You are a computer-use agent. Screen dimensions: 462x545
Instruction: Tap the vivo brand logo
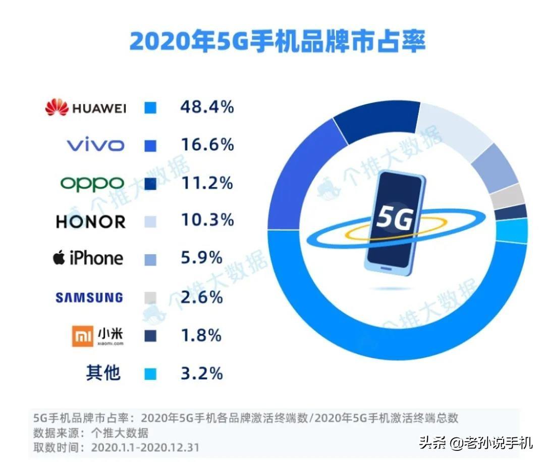(95, 145)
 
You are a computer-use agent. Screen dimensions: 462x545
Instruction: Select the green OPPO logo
(92, 183)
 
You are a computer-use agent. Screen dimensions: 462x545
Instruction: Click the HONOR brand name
(90, 221)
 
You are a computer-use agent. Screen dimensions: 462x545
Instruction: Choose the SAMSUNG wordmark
(89, 298)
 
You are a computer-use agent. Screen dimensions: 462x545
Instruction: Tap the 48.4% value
(207, 107)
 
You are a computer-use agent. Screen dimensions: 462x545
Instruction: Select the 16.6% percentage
(207, 145)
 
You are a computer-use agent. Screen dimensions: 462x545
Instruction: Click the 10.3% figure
(207, 220)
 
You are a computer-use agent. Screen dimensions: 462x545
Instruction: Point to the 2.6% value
(201, 297)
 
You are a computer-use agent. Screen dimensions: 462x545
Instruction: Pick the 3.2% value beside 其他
(201, 373)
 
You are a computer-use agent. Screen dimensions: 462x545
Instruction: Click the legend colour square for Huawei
(150, 107)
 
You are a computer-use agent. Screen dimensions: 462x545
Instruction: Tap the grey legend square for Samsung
(150, 298)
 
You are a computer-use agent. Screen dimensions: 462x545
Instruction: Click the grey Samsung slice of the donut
(509, 196)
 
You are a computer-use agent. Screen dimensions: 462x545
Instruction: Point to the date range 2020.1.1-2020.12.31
(145, 447)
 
